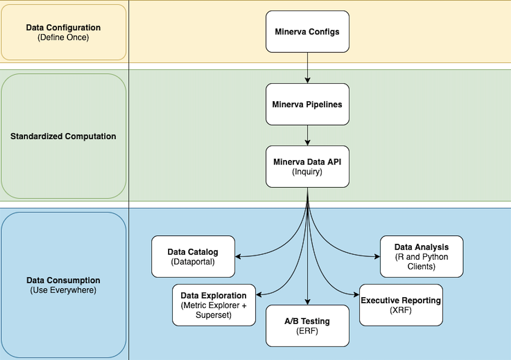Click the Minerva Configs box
click(307, 31)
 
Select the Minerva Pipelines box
click(307, 104)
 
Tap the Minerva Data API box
click(307, 167)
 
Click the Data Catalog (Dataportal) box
click(193, 256)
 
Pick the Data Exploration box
click(214, 305)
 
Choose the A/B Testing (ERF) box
click(307, 326)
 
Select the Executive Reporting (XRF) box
click(401, 305)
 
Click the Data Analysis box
click(421, 256)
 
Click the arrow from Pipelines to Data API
click(307, 135)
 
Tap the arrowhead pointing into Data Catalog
click(238, 256)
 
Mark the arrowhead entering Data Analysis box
click(377, 256)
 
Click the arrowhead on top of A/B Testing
click(307, 302)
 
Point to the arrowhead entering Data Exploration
click(259, 295)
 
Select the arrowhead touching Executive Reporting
click(356, 295)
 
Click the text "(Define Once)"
click(63, 37)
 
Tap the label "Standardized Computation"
click(63, 136)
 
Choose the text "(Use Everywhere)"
click(63, 290)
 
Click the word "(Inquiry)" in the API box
click(307, 172)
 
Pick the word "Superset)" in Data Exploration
click(214, 315)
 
